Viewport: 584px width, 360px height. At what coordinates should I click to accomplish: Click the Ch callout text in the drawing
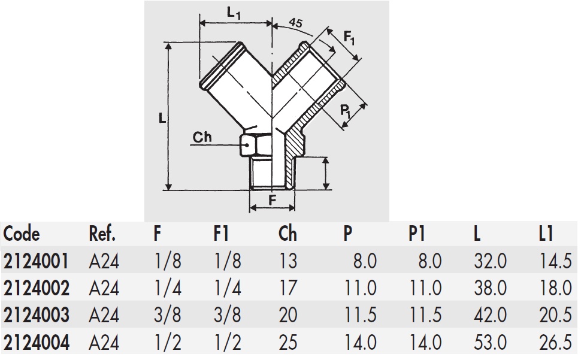pyautogui.click(x=202, y=137)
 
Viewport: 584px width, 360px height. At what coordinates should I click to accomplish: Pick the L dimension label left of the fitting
pyautogui.click(x=162, y=118)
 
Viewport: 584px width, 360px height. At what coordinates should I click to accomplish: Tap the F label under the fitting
pyautogui.click(x=273, y=201)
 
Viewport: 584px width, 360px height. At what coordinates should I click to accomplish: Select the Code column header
pyautogui.click(x=22, y=233)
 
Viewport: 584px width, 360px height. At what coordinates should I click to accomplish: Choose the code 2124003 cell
pyautogui.click(x=37, y=315)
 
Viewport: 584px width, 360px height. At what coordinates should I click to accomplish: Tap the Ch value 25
pyautogui.click(x=288, y=342)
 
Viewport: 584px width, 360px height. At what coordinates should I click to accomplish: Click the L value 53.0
pyautogui.click(x=490, y=342)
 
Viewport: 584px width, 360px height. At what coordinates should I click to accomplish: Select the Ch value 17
pyautogui.click(x=288, y=288)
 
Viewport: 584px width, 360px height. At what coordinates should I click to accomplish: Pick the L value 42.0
pyautogui.click(x=490, y=315)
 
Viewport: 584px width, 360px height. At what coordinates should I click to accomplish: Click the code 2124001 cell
pyautogui.click(x=36, y=261)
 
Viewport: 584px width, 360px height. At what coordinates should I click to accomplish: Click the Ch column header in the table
pyautogui.click(x=288, y=233)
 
